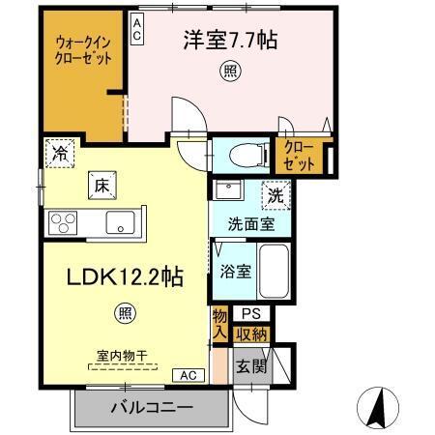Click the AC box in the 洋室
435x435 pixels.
pos(137,30)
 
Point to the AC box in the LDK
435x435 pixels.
pos(188,374)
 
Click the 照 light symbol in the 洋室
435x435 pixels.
pos(230,70)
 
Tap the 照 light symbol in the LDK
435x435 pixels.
pos(125,311)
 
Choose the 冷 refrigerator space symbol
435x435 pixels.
pos(60,152)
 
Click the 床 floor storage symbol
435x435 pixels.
pos(101,182)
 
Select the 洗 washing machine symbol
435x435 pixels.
pos(275,193)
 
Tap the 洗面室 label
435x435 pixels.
pos(250,224)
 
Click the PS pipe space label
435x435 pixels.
pos(251,314)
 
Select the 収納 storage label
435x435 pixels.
pos(251,334)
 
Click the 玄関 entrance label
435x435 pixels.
pos(249,367)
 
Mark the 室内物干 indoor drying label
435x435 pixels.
pos(122,357)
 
